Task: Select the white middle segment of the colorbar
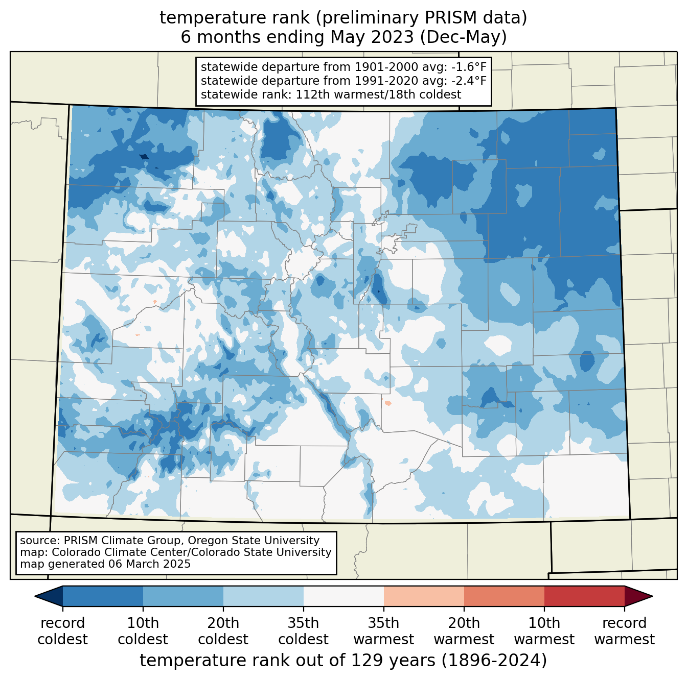343,596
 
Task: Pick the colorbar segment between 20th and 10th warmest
504,596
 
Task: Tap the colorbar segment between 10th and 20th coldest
183,596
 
